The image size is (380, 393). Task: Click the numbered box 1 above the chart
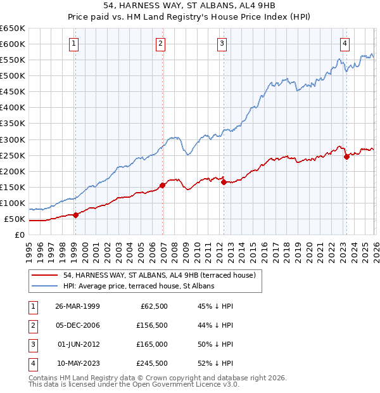click(75, 44)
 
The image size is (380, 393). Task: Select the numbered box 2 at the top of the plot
click(161, 44)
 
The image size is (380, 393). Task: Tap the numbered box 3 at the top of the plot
click(222, 44)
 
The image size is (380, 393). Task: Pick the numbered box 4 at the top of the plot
click(345, 44)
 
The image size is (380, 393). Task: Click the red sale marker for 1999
click(75, 215)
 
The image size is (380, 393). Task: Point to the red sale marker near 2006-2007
click(163, 185)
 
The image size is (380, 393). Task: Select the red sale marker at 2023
click(346, 157)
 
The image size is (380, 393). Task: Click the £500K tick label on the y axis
click(13, 75)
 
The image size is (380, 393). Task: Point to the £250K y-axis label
click(13, 155)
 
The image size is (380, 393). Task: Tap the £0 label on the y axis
click(20, 235)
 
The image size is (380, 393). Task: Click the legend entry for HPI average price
click(139, 286)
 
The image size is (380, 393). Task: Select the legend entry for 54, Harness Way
click(159, 275)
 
